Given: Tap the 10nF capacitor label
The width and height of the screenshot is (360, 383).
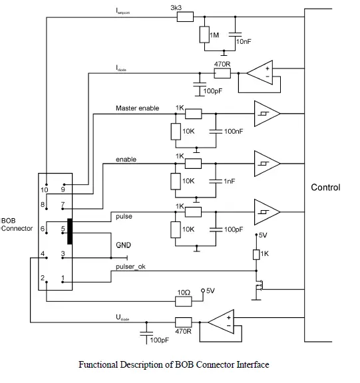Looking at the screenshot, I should (x=244, y=41).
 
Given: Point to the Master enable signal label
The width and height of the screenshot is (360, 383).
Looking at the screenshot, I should (x=137, y=108).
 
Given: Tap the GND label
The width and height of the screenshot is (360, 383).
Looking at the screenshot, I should (x=124, y=245).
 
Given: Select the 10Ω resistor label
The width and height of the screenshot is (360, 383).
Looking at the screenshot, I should (x=184, y=292).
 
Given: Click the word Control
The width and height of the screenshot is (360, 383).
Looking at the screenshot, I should (x=325, y=188).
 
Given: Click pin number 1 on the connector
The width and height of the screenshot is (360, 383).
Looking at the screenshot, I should (x=63, y=278).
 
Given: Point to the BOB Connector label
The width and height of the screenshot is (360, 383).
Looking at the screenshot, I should (x=16, y=224).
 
